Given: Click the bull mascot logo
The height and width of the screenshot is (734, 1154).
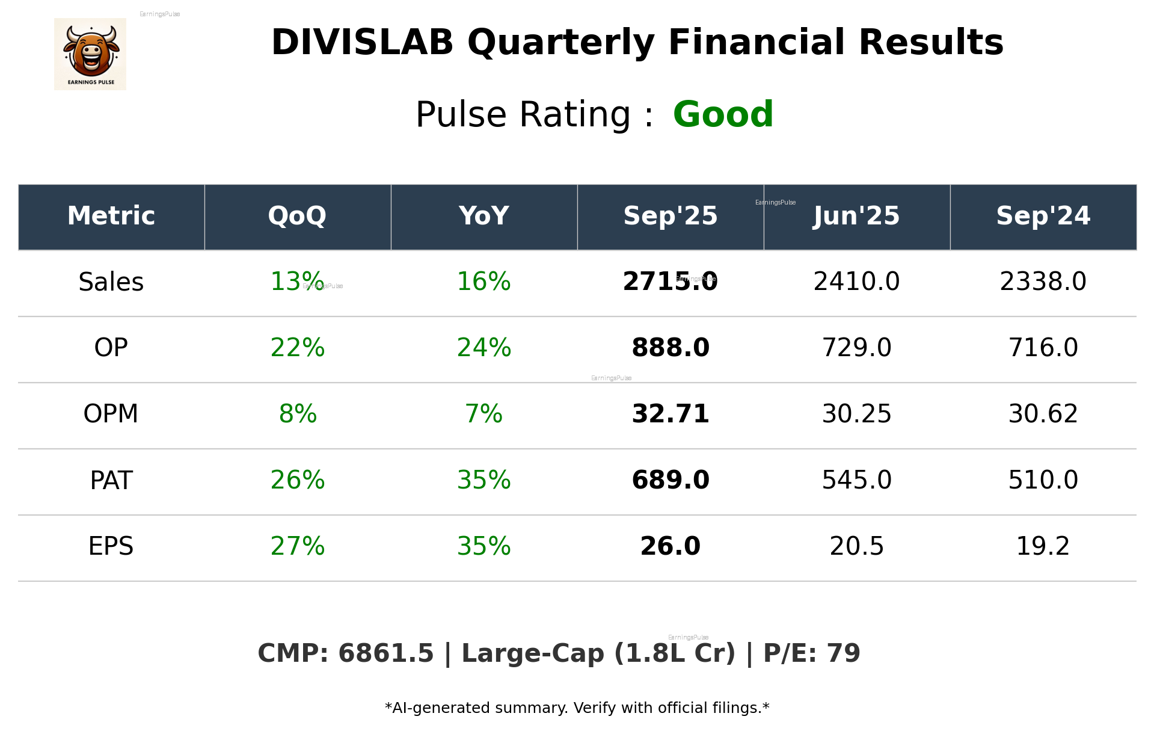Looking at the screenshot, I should click(x=90, y=54).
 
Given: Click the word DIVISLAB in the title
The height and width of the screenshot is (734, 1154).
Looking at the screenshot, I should click(x=362, y=43).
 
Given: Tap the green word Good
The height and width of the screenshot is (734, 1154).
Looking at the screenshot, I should click(x=723, y=114).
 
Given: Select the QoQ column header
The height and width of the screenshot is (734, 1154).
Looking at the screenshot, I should click(x=297, y=216).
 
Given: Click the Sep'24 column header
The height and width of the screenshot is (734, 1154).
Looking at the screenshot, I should click(x=1043, y=216).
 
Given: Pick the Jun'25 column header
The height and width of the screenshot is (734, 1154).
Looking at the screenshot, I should click(x=856, y=216).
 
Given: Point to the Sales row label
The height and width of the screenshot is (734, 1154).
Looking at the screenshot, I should click(x=111, y=282).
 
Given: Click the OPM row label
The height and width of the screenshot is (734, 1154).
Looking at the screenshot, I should click(x=111, y=414).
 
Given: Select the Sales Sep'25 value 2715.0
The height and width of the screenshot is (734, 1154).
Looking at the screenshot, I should click(x=670, y=282).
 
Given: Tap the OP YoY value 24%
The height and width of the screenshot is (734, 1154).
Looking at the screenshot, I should click(x=483, y=348).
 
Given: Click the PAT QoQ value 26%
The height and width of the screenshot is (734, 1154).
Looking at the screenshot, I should click(x=297, y=480).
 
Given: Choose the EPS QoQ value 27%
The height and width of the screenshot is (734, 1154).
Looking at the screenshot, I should click(x=297, y=546).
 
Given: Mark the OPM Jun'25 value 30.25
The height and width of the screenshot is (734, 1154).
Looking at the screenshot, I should click(x=856, y=414).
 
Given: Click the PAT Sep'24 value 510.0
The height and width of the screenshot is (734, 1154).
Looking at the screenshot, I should click(x=1043, y=480).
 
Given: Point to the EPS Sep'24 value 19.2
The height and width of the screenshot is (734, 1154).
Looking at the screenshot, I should click(x=1043, y=546).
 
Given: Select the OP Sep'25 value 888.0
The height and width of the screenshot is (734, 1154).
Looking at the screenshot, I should click(x=670, y=348).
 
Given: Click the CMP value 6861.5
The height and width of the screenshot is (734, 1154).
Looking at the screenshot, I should click(x=385, y=654).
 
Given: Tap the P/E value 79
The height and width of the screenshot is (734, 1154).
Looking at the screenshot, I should click(x=843, y=654).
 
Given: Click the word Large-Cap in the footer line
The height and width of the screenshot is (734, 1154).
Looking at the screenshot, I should click(x=532, y=654).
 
